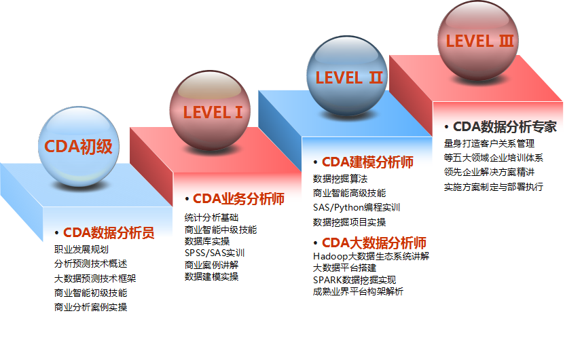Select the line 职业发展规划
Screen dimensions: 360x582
pos(81,249)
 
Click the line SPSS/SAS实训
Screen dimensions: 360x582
pos(215,253)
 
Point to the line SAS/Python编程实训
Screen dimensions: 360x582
pos(357,207)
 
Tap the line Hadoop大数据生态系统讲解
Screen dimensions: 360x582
pos(371,256)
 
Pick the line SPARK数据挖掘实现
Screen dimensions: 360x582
pos(354,280)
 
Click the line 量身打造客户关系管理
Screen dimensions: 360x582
pos(489,143)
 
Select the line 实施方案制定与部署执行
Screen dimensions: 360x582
pos(494,187)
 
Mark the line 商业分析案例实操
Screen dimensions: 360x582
pos(90,307)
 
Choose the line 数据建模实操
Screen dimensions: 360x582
pos(211,276)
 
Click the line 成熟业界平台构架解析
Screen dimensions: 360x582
pos(358,291)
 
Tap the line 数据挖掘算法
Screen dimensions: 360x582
pos(340,179)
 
